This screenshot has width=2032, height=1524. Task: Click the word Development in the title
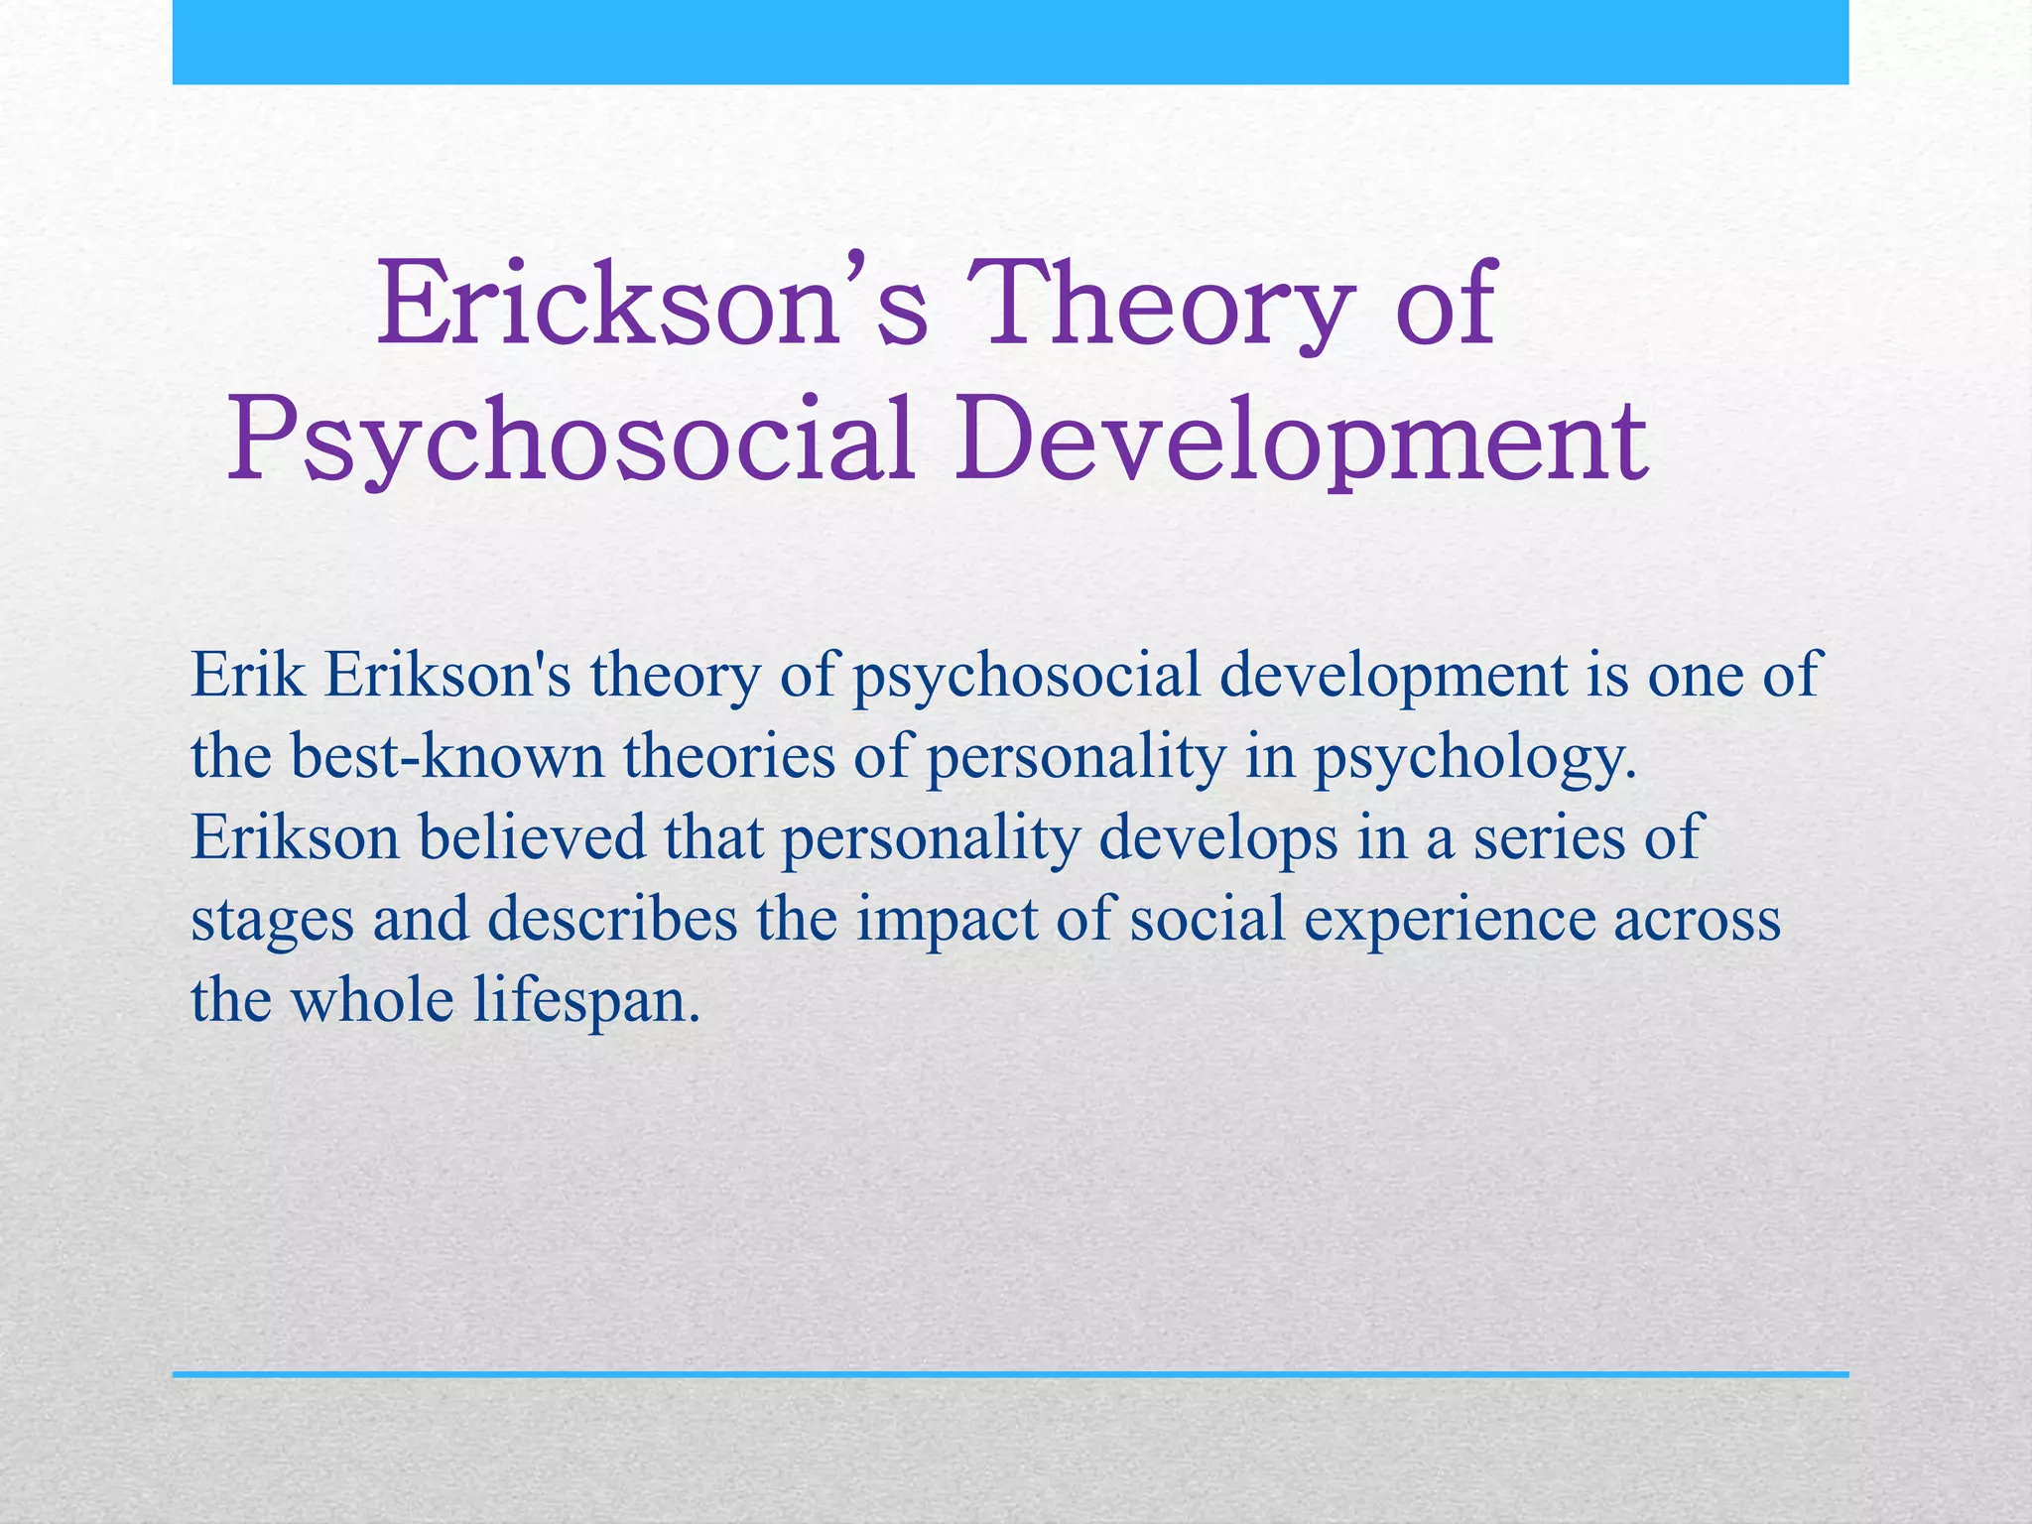click(1301, 440)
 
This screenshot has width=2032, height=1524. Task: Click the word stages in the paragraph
click(272, 921)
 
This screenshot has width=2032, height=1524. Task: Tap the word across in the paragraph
click(1697, 921)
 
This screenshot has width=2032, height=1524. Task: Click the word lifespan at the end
click(586, 1000)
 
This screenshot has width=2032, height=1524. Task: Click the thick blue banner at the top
click(1010, 42)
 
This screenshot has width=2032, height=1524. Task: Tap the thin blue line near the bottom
click(1010, 1374)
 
